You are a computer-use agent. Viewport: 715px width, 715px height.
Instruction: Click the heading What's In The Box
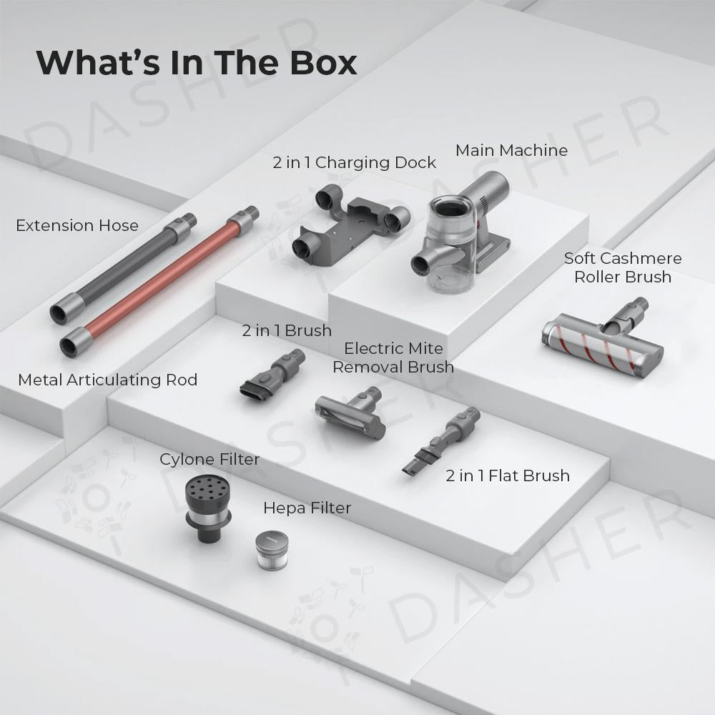[197, 62]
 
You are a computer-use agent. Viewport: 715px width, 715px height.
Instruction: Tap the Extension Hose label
[77, 225]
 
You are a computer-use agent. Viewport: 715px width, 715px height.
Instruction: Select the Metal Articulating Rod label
[108, 380]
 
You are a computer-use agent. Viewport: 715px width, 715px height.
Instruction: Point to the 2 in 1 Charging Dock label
[355, 163]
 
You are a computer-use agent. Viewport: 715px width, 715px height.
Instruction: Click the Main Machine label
[512, 150]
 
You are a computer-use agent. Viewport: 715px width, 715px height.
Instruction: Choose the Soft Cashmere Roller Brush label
[623, 267]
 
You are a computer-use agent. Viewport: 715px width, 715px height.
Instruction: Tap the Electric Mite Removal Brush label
[393, 357]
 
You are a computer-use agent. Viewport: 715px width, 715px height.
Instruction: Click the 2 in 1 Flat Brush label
[508, 475]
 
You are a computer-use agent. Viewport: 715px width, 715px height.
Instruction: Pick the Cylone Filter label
[209, 459]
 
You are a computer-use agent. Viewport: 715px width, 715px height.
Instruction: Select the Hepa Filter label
[307, 508]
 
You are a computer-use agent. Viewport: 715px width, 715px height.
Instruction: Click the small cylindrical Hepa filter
[272, 551]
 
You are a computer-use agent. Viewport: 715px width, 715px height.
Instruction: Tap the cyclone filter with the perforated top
[208, 507]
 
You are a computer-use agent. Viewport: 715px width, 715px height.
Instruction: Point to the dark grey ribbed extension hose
[123, 269]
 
